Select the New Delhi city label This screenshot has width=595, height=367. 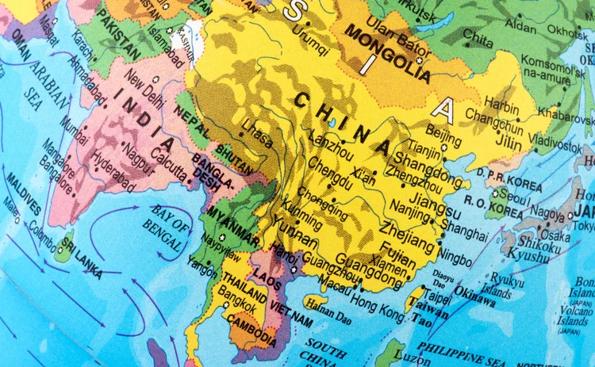144,87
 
